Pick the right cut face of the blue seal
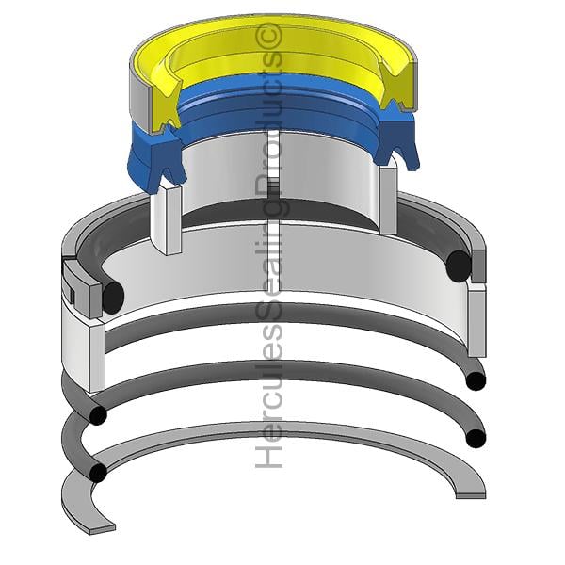395,139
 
